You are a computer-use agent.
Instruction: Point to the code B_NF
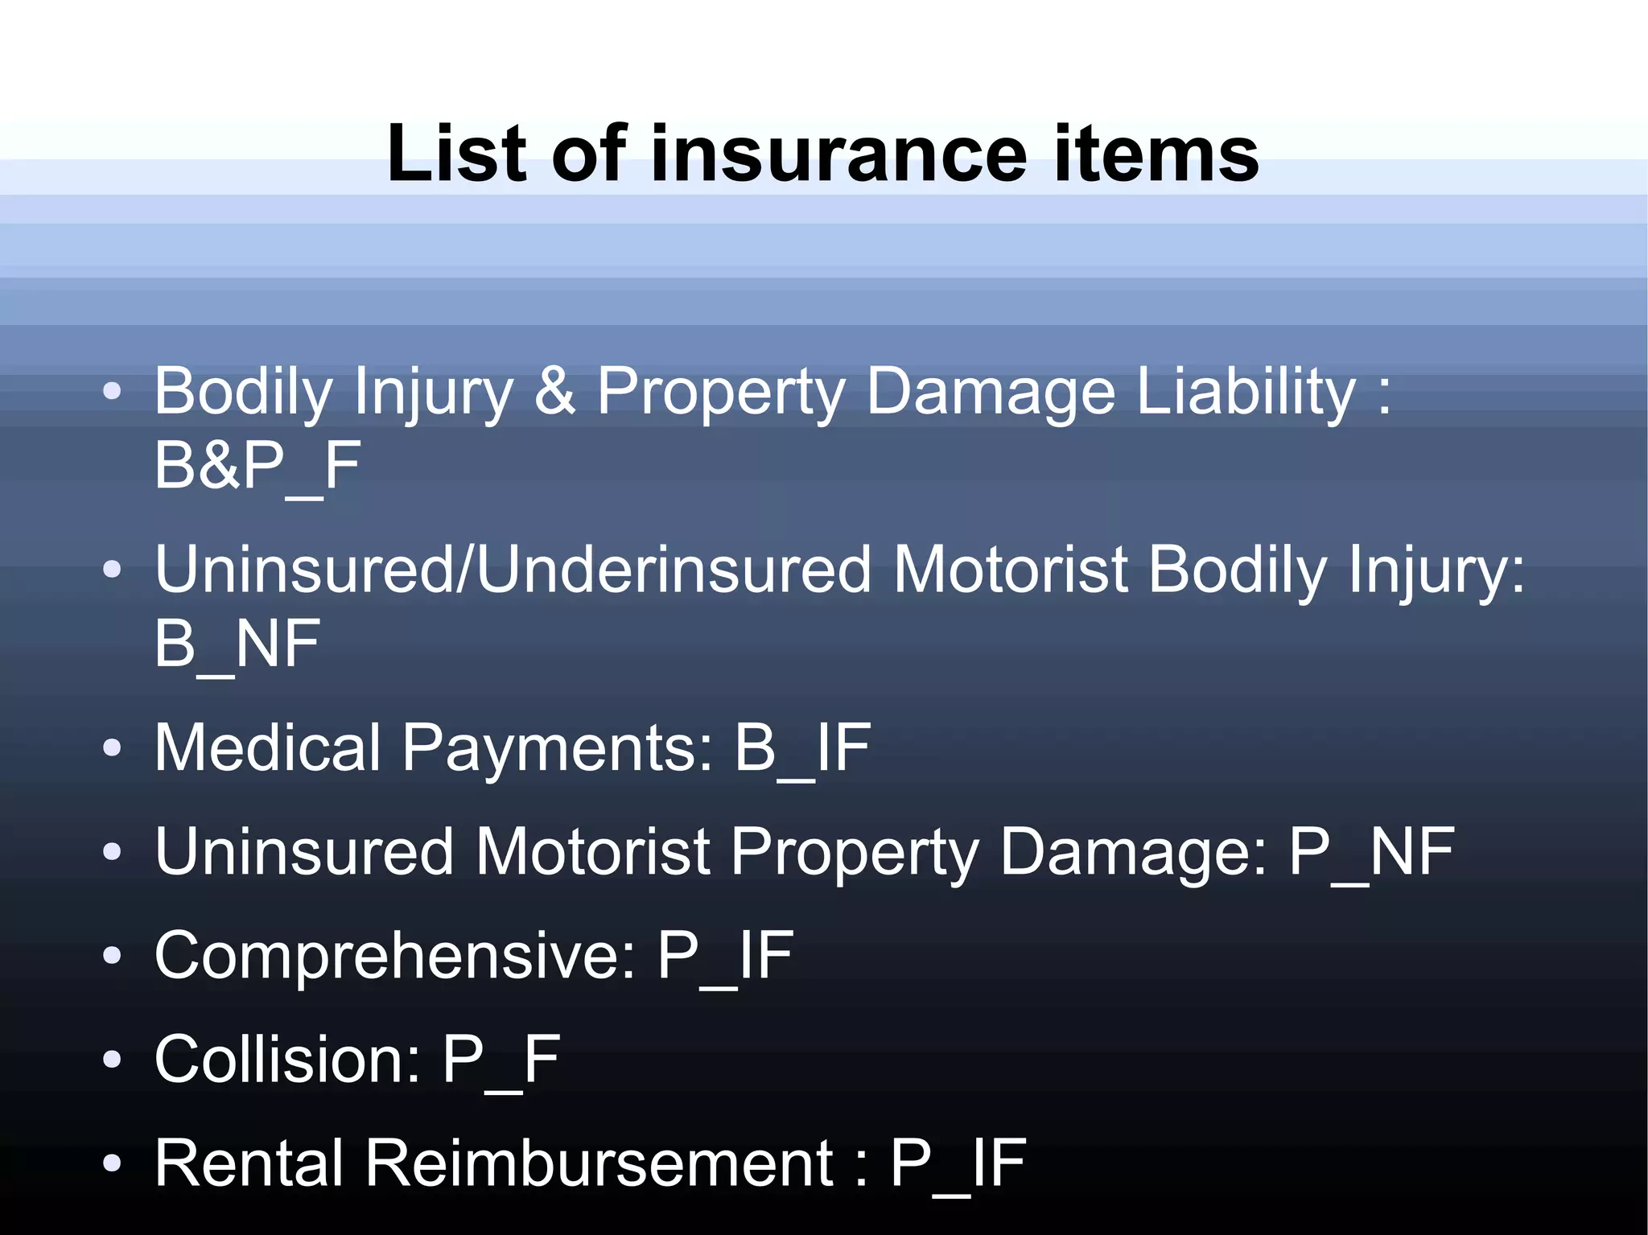tap(237, 644)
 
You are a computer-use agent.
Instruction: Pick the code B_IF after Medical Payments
tap(802, 747)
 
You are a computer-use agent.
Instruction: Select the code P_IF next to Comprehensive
tap(725, 955)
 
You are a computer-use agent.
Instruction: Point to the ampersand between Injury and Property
tap(554, 392)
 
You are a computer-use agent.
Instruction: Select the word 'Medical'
tap(267, 747)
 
